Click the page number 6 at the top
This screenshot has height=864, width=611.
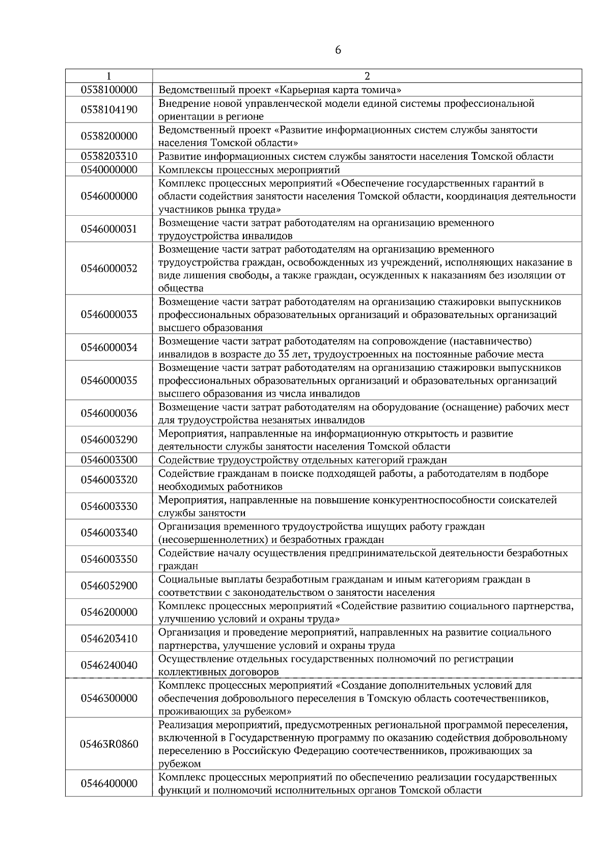point(338,50)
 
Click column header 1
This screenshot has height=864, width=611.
point(109,76)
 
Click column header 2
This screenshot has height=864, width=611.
point(367,76)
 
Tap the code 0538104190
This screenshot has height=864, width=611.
point(109,110)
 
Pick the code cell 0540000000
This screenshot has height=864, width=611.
point(109,169)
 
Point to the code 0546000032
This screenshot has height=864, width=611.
point(109,268)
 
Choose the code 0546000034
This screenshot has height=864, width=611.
point(109,347)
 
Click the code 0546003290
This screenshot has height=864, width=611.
point(109,440)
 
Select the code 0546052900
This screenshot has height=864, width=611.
point(109,586)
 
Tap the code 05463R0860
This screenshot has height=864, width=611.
point(109,744)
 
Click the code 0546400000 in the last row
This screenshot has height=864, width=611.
point(109,784)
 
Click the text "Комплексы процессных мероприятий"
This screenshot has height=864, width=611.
point(249,169)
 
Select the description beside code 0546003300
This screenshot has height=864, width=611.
point(302,460)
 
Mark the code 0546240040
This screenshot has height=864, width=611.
point(109,665)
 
